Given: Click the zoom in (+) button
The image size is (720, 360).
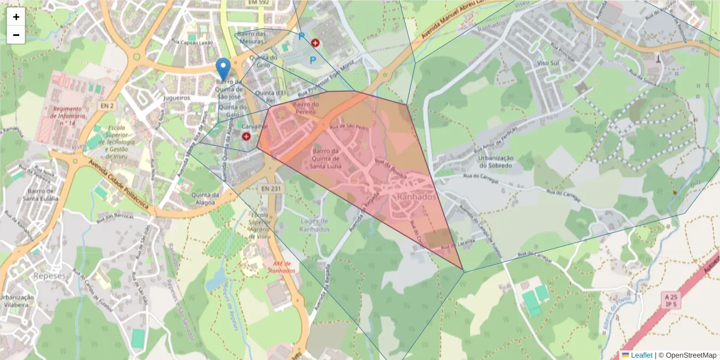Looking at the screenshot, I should pos(16,17).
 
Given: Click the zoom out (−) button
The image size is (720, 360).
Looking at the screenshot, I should pos(16,35).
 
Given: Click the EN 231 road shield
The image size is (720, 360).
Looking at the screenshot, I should pos(271,188).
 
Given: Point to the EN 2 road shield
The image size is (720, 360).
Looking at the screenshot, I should pos(107,106).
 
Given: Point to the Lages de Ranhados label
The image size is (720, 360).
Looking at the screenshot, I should pos(314,224).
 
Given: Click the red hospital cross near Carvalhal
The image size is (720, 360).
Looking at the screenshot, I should pos(246,137).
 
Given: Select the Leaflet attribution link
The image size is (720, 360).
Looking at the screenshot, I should pos(641,355).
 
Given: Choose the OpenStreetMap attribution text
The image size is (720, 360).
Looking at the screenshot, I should pos(689,355).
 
